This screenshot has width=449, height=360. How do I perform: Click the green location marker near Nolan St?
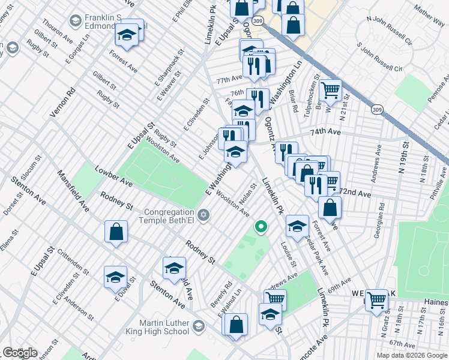[261, 227]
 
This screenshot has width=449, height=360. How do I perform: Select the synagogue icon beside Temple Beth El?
[203, 215]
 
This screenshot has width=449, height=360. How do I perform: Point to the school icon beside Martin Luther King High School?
[199, 326]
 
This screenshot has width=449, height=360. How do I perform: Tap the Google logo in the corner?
[19, 353]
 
